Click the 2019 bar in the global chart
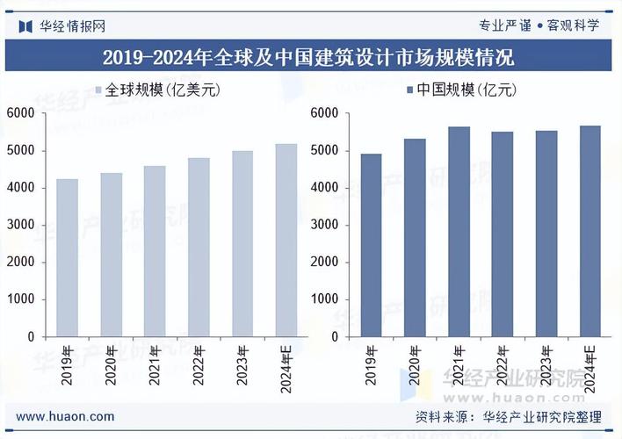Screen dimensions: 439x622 click(x=67, y=258)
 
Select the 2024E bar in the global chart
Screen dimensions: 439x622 click(x=286, y=241)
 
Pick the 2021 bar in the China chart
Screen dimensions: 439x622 click(x=459, y=232)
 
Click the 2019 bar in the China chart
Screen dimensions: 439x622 click(x=371, y=246)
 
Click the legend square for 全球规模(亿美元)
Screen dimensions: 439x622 click(x=98, y=90)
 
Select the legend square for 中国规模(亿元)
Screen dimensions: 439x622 click(x=409, y=90)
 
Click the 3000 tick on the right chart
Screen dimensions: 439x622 click(x=323, y=225)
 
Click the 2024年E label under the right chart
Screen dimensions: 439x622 click(x=589, y=367)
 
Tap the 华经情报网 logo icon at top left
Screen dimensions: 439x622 click(x=25, y=25)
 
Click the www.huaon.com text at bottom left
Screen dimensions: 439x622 click(x=65, y=416)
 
